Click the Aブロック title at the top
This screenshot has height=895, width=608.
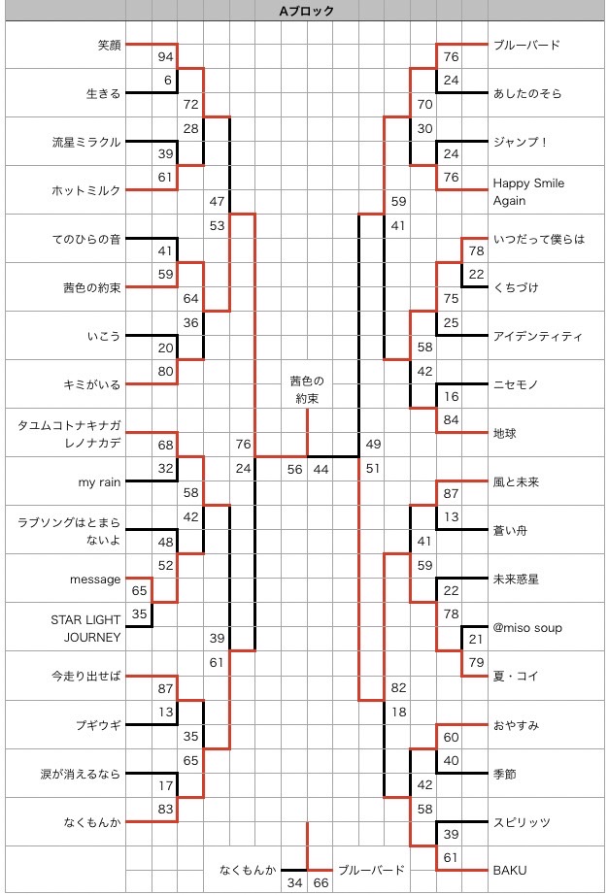[306, 12]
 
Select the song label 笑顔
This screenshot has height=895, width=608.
[109, 45]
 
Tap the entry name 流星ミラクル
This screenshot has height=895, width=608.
[86, 142]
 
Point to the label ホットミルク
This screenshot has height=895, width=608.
[86, 190]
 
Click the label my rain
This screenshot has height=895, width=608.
[100, 481]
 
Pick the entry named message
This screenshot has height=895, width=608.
[95, 579]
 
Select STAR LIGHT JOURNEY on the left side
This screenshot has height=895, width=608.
[85, 627]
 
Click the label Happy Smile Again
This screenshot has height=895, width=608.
[528, 191]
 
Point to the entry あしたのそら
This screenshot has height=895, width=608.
[527, 93]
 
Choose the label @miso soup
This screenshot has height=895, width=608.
[527, 627]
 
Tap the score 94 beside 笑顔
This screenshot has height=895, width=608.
[165, 56]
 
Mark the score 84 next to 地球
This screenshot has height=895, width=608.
[451, 420]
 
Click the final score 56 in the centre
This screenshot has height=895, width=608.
[294, 469]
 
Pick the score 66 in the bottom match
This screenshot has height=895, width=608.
[321, 882]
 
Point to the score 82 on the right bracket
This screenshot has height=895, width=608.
[398, 687]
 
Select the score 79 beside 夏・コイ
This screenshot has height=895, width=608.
[476, 663]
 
